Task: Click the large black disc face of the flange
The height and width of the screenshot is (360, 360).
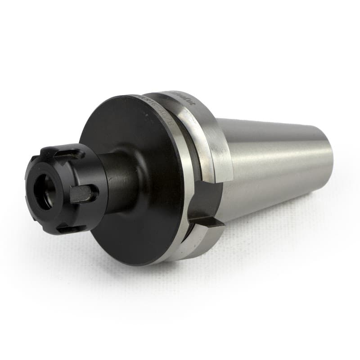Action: [x=135, y=135]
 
